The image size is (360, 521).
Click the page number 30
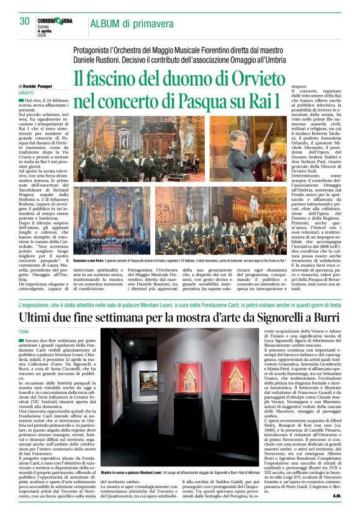[25, 21]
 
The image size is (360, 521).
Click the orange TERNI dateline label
[24, 333]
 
